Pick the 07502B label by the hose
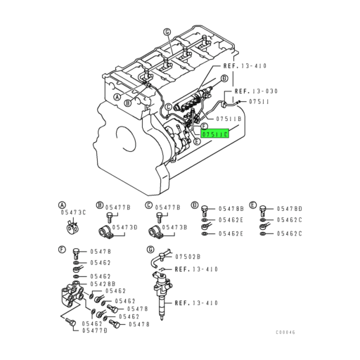point(188,257)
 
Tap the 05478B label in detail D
point(231,209)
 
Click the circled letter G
point(150,250)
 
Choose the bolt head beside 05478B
point(204,209)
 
